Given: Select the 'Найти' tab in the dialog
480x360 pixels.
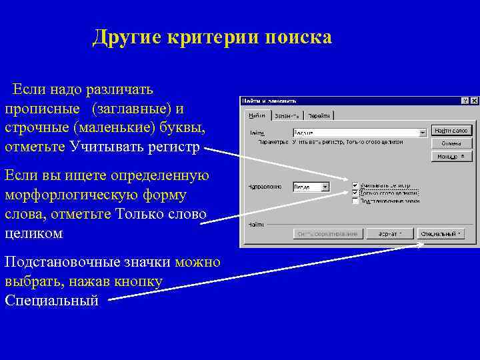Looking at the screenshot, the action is pos(256,115).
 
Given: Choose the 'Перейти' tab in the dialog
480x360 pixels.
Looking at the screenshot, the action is pos(317,115).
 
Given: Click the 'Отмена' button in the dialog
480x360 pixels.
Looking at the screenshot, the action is pos(451,143).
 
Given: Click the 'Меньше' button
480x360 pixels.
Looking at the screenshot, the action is pos(451,157).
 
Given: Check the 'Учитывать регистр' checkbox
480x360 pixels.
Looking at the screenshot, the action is pos(355,185).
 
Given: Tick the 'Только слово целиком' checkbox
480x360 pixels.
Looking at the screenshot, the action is pos(355,192).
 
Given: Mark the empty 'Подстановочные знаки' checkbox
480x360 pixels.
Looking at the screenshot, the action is pos(355,200).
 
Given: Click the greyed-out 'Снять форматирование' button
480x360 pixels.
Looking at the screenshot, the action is pos(329,234).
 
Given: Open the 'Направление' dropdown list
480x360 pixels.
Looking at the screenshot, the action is pos(325,187).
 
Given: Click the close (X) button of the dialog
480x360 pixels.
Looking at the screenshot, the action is pos(473,101).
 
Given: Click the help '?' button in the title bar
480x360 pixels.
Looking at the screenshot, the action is pos(465,101).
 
